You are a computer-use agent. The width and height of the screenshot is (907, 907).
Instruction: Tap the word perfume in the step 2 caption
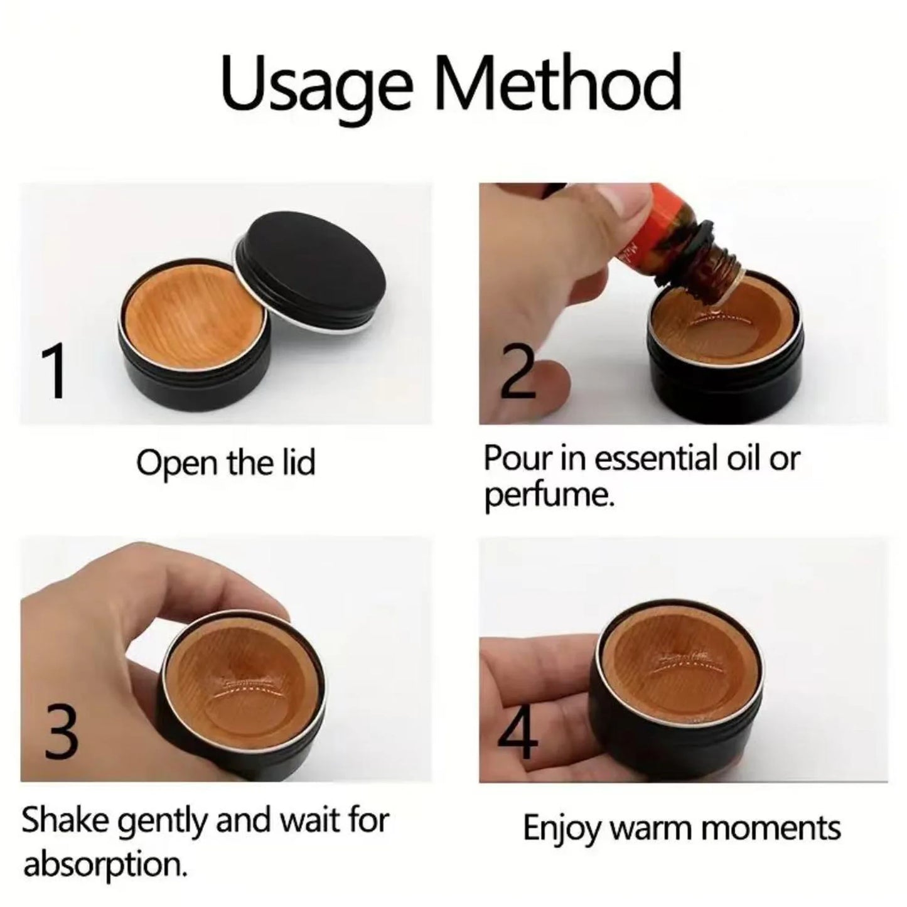click(547, 496)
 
